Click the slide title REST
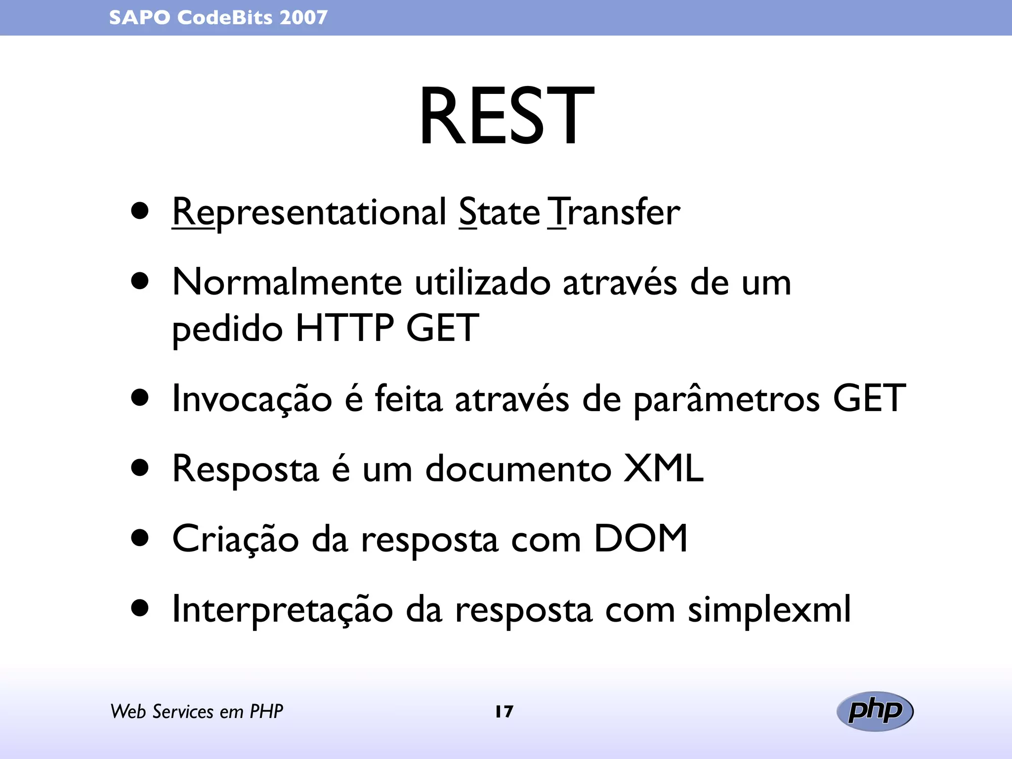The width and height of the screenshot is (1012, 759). (x=506, y=117)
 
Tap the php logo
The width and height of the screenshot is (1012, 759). (x=875, y=711)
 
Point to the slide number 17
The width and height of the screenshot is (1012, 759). (x=505, y=712)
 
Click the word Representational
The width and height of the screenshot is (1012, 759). (x=309, y=212)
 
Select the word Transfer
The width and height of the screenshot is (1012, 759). (x=614, y=212)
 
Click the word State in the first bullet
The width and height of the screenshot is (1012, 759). (x=500, y=212)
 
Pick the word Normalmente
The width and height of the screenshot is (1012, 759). (x=287, y=283)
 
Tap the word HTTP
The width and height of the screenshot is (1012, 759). (x=344, y=328)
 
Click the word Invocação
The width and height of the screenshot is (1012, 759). (x=252, y=399)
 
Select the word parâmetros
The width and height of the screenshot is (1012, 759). (x=727, y=400)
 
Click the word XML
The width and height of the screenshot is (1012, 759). (x=663, y=468)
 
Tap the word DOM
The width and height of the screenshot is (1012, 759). (x=640, y=539)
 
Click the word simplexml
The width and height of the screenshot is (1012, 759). (x=769, y=610)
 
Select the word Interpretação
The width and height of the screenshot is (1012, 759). (x=282, y=610)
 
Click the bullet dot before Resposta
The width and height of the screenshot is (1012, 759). (x=140, y=468)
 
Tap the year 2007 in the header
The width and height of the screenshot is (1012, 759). (x=303, y=18)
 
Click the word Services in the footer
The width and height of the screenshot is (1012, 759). (x=183, y=712)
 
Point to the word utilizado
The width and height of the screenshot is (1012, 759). (x=482, y=283)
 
